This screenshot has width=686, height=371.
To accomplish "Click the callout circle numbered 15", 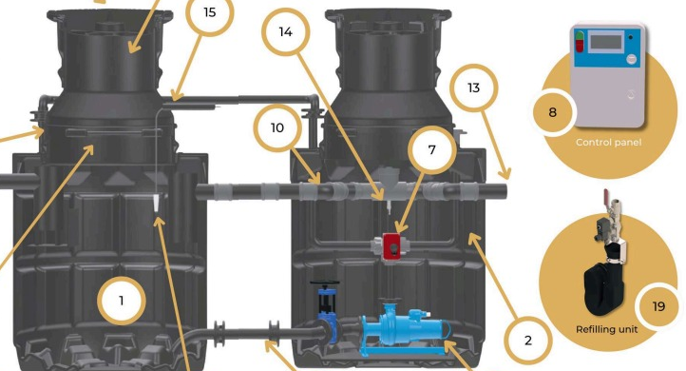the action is (x=210, y=12).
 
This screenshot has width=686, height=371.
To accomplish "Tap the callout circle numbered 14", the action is (x=286, y=32).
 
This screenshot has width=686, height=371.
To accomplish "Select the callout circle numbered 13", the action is (x=474, y=88).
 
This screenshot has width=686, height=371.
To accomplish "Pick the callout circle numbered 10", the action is (x=277, y=127).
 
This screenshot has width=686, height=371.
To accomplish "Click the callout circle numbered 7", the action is (x=431, y=150).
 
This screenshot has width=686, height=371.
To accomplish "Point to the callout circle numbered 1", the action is (x=122, y=301).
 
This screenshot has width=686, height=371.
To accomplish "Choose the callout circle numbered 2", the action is (x=528, y=341).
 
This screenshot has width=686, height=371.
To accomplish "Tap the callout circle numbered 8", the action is (x=553, y=112).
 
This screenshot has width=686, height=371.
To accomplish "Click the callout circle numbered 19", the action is (x=658, y=306).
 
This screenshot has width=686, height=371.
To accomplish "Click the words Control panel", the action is (x=608, y=143).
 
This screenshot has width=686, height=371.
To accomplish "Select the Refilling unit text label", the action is (x=607, y=329).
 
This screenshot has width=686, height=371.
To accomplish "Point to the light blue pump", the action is (x=403, y=326).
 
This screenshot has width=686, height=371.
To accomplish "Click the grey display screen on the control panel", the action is (x=605, y=42).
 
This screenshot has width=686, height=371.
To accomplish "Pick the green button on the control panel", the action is (x=580, y=36).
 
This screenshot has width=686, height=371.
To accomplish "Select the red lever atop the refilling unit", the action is (x=607, y=195).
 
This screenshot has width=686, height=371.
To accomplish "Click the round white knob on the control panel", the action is (x=631, y=59).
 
